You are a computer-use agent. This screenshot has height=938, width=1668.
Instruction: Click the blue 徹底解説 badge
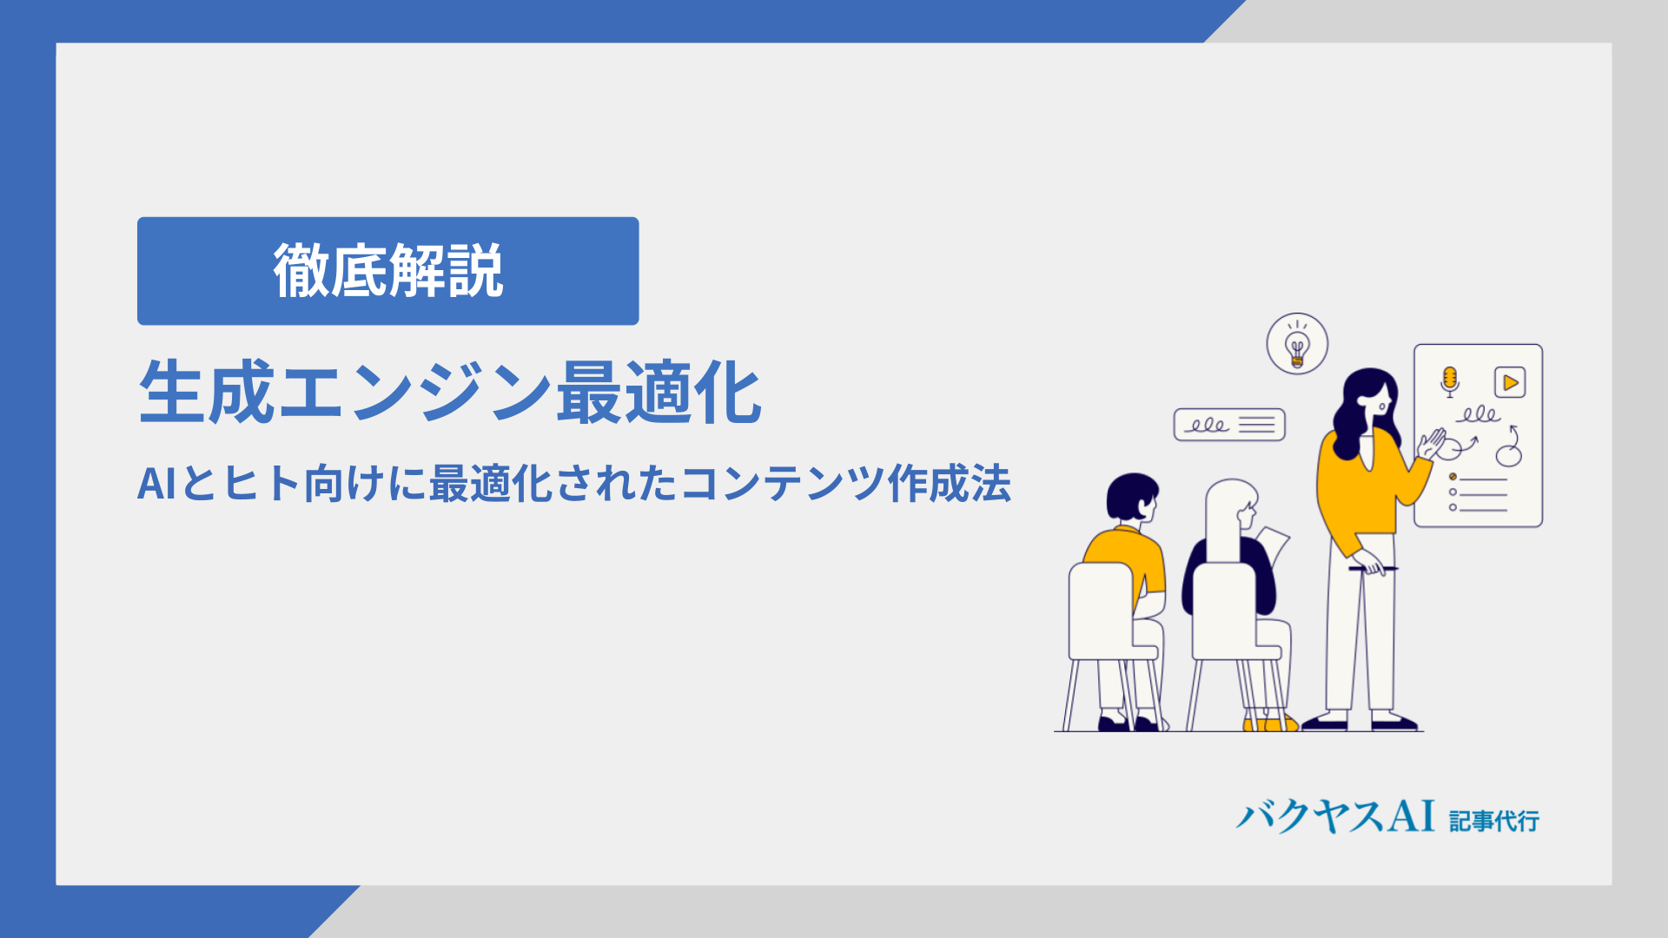(x=387, y=271)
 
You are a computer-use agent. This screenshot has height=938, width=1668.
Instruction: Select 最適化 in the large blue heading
(x=659, y=393)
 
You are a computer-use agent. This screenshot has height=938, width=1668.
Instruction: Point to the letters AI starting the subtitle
(x=157, y=484)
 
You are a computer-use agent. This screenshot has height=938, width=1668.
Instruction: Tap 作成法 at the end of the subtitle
(x=949, y=484)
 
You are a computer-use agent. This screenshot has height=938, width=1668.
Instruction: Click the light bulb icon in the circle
(x=1297, y=344)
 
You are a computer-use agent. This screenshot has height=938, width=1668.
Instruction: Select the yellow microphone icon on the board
(x=1449, y=381)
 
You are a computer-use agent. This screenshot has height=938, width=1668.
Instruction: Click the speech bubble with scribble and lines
(x=1229, y=425)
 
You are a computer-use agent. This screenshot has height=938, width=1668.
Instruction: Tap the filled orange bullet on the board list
(x=1453, y=477)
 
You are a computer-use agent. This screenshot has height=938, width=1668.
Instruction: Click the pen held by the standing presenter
(x=1373, y=569)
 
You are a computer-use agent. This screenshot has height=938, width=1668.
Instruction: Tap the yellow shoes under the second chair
(x=1270, y=723)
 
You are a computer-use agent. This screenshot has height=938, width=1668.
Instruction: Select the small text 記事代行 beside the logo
(x=1494, y=821)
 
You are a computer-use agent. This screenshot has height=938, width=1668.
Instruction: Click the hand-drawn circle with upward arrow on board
(x=1510, y=446)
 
